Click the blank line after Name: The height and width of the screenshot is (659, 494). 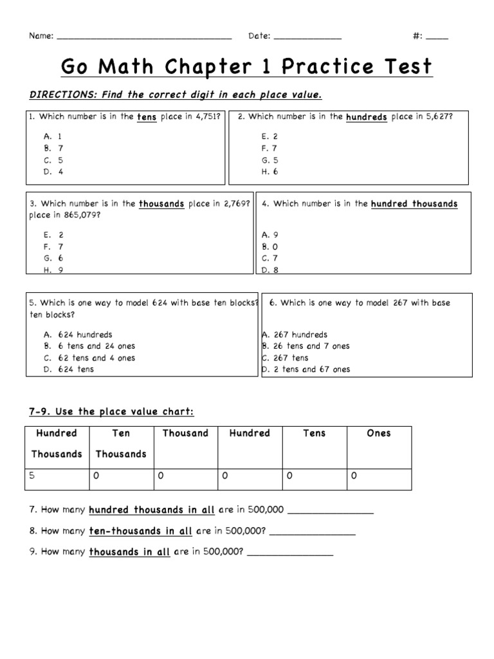[144, 38]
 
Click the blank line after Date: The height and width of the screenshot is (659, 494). [307, 38]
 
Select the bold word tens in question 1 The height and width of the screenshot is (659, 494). [146, 118]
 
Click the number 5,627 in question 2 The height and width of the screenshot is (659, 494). [440, 117]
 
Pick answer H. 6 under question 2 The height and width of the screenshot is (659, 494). [270, 172]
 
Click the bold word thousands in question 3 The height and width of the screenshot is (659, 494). [161, 204]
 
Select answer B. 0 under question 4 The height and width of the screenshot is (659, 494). [270, 246]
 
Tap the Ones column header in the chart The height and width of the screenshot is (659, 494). [378, 434]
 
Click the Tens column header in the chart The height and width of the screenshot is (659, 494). [314, 434]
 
